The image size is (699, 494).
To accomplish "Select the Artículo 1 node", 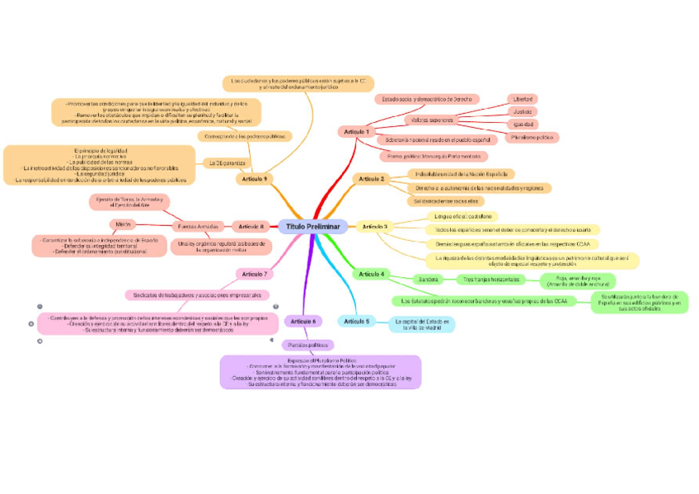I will pos(356,132).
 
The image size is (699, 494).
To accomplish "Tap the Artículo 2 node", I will pos(371,179).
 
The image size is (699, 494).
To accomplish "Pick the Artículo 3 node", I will pos(374,226).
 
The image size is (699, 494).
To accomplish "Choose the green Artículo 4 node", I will pos(370,274).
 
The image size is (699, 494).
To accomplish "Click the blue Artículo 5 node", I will pos(356,321).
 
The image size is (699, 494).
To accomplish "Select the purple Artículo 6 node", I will pos(303,321).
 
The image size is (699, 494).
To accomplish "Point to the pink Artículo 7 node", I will pos(253,274).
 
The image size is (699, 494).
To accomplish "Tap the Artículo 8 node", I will pos(250,227).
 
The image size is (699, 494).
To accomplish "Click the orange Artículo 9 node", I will pos(253,179).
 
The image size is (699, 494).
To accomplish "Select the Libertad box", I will pos(523,99).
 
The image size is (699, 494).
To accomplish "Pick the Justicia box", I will pos(523,111).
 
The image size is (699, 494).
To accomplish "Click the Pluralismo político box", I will pos(532,138).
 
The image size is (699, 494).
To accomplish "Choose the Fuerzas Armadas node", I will pos(198,226).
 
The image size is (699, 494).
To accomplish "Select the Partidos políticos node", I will pos(307,345).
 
